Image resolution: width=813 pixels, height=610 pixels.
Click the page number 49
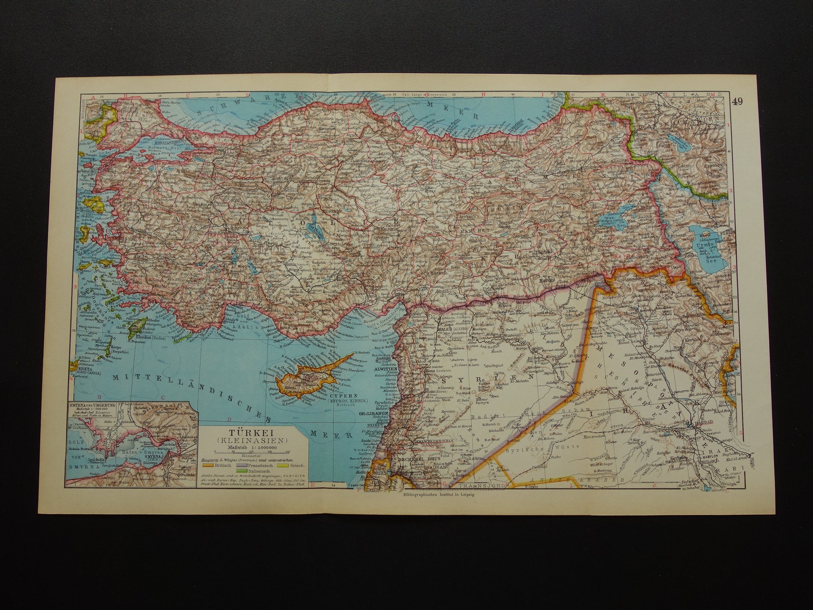(x=737, y=101)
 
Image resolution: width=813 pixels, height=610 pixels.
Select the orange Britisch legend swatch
(x=208, y=465)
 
